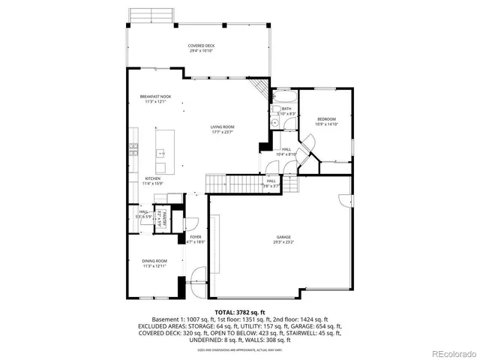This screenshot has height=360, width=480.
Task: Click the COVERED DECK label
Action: (x=201, y=46)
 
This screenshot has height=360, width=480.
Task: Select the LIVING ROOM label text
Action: (x=222, y=127)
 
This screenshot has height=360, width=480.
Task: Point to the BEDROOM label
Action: (x=326, y=119)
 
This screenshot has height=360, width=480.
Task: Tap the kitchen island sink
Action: (x=160, y=153)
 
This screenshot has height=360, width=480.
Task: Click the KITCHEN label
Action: (x=153, y=178)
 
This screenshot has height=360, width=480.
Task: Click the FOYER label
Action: (x=195, y=237)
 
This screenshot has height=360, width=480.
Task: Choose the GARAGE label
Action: (x=283, y=237)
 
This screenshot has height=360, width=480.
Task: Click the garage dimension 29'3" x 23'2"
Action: (x=283, y=242)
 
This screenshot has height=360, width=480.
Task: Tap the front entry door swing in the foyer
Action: (x=197, y=282)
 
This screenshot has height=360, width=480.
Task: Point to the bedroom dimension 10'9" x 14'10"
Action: (x=326, y=124)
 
